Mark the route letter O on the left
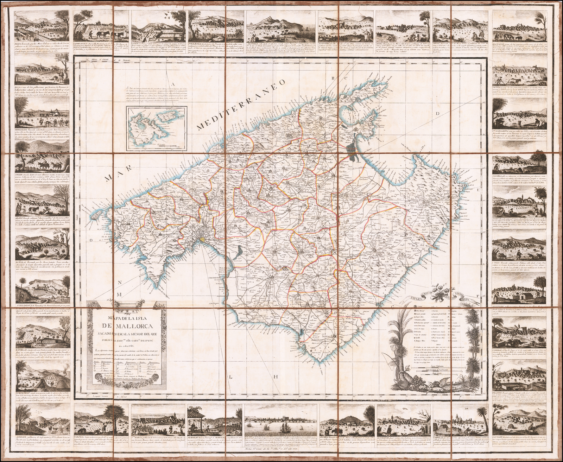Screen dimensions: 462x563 [x=90, y=240]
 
